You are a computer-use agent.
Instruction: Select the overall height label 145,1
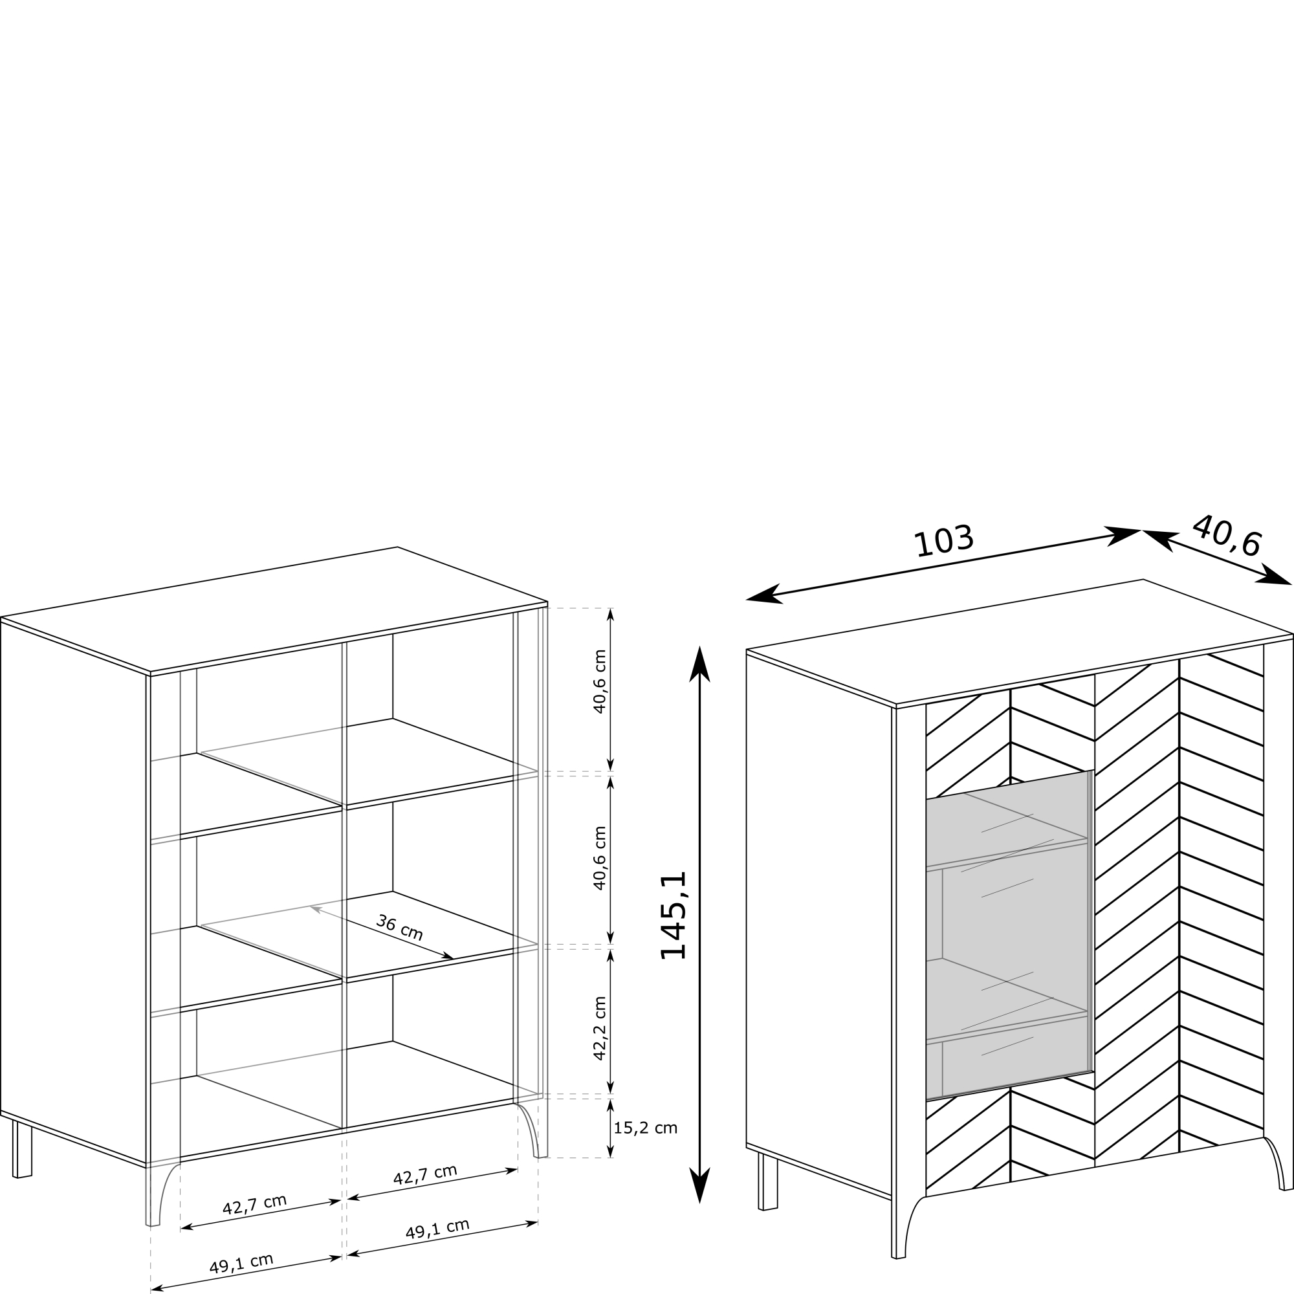pos(674,915)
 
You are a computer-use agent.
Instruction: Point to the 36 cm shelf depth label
pos(400,928)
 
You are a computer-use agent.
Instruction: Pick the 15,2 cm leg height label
pos(646,1128)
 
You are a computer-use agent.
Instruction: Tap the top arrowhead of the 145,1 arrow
pos(700,664)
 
